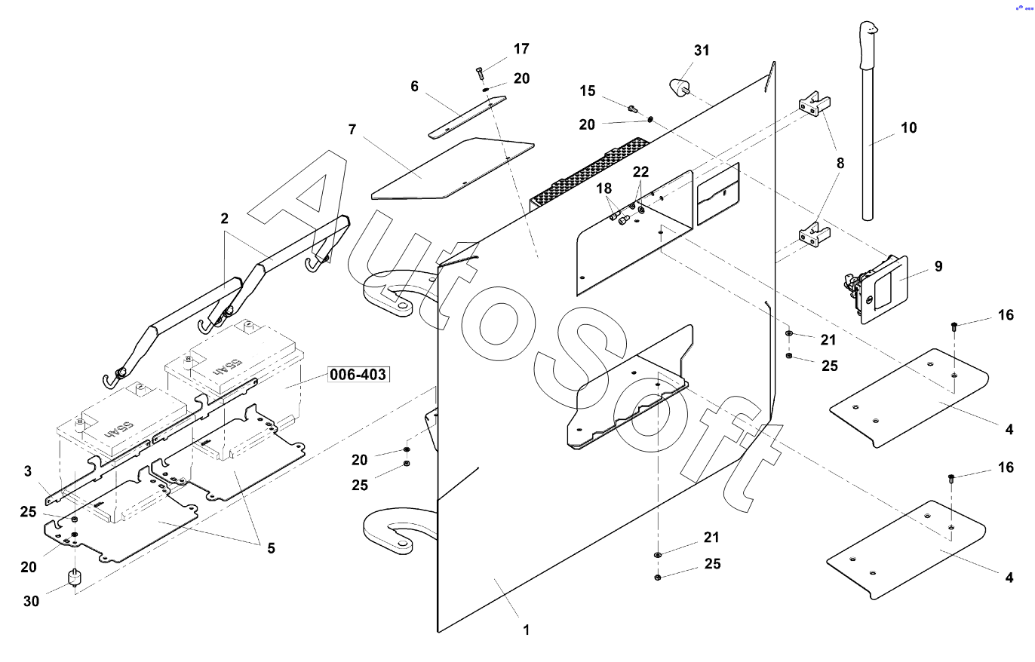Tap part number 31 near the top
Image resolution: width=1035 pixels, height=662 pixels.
[x=702, y=51]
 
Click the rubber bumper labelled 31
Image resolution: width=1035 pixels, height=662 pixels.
[x=680, y=85]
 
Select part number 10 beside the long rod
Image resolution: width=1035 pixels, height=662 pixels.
[x=909, y=127]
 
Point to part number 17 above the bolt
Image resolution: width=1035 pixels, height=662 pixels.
[x=521, y=49]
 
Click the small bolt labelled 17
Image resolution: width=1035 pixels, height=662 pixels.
[x=480, y=72]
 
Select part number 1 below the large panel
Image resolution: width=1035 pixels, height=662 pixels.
[x=527, y=630]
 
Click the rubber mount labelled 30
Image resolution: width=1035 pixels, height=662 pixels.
[x=75, y=579]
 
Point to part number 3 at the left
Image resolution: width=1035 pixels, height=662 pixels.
[x=27, y=471]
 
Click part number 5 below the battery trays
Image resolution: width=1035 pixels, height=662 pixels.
[x=270, y=548]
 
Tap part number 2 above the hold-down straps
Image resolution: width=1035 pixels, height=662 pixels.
[x=224, y=219]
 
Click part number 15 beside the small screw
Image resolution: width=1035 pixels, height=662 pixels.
[x=588, y=91]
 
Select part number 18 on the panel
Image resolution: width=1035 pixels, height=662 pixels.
[x=605, y=187]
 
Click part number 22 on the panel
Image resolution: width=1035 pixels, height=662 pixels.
[x=640, y=172]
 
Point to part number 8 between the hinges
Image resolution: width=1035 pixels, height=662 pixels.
[x=840, y=163]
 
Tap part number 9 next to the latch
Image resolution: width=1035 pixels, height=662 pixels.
[x=938, y=266]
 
